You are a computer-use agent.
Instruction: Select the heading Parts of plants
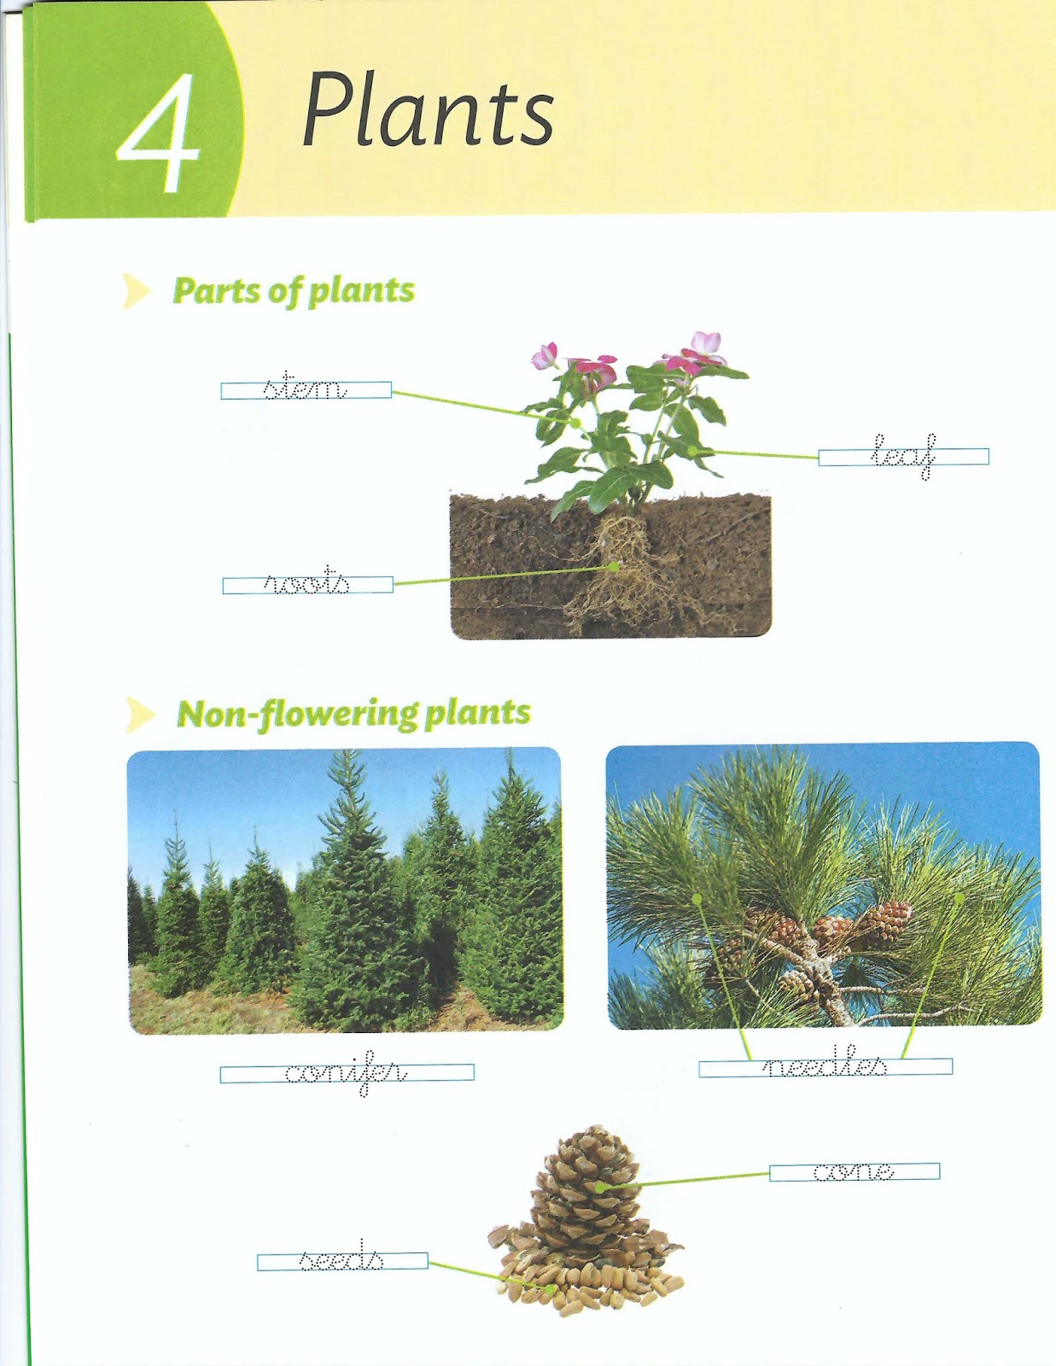pos(294,291)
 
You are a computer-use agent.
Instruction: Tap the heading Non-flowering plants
pos(353,714)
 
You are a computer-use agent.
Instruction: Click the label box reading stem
pos(306,390)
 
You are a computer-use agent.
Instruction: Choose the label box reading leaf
pos(903,457)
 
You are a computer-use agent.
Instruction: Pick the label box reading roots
pos(307,585)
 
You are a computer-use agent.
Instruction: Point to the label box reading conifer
pos(347,1074)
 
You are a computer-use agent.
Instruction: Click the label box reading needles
pos(825,1067)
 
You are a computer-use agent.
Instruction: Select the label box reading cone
pos(854,1172)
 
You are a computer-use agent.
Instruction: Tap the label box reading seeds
pos(341,1261)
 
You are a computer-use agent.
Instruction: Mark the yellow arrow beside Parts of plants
pos(136,291)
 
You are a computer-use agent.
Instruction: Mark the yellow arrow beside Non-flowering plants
pos(139,715)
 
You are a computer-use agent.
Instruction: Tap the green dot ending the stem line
pos(576,423)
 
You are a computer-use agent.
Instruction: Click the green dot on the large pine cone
pos(600,1187)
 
